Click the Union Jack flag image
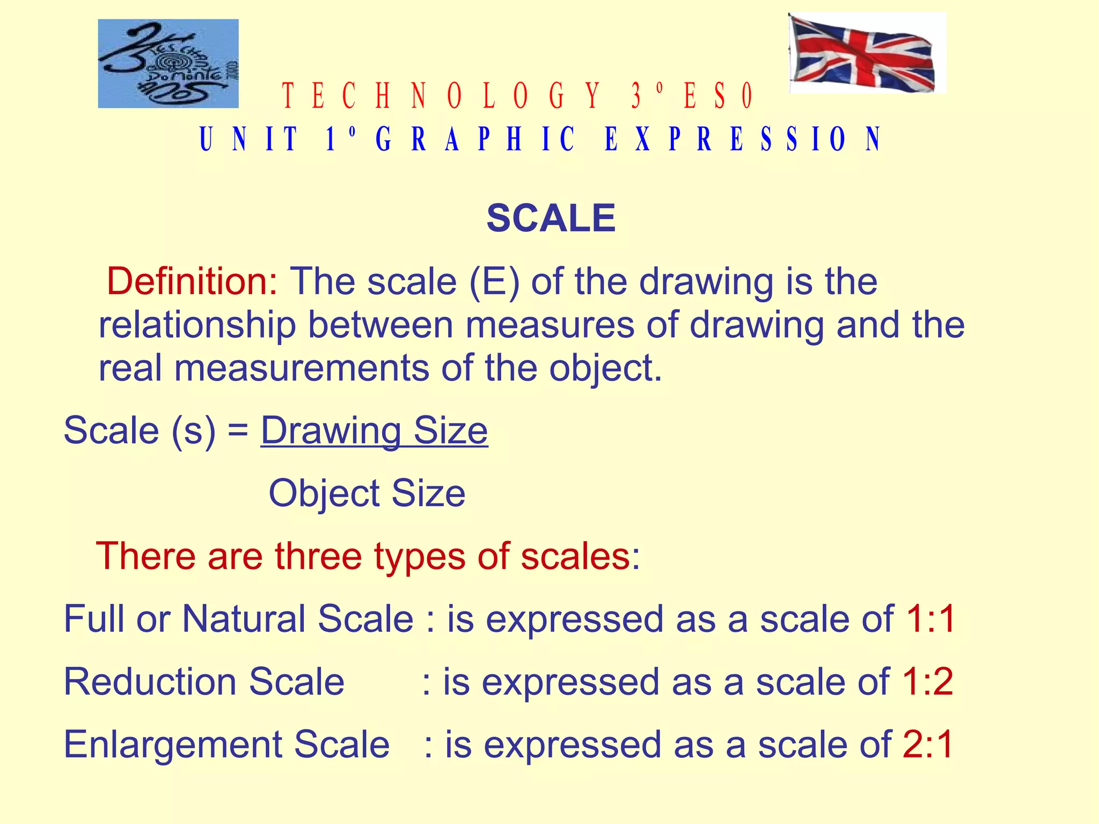point(866,53)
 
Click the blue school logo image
point(168,63)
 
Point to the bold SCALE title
point(551,218)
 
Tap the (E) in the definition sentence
point(494,281)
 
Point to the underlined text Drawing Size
point(374,431)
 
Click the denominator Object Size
point(367,493)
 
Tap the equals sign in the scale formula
point(238,432)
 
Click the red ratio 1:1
point(931,619)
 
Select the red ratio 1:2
point(928,682)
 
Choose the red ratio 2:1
point(928,745)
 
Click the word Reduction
point(150,682)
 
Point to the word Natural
point(244,619)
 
